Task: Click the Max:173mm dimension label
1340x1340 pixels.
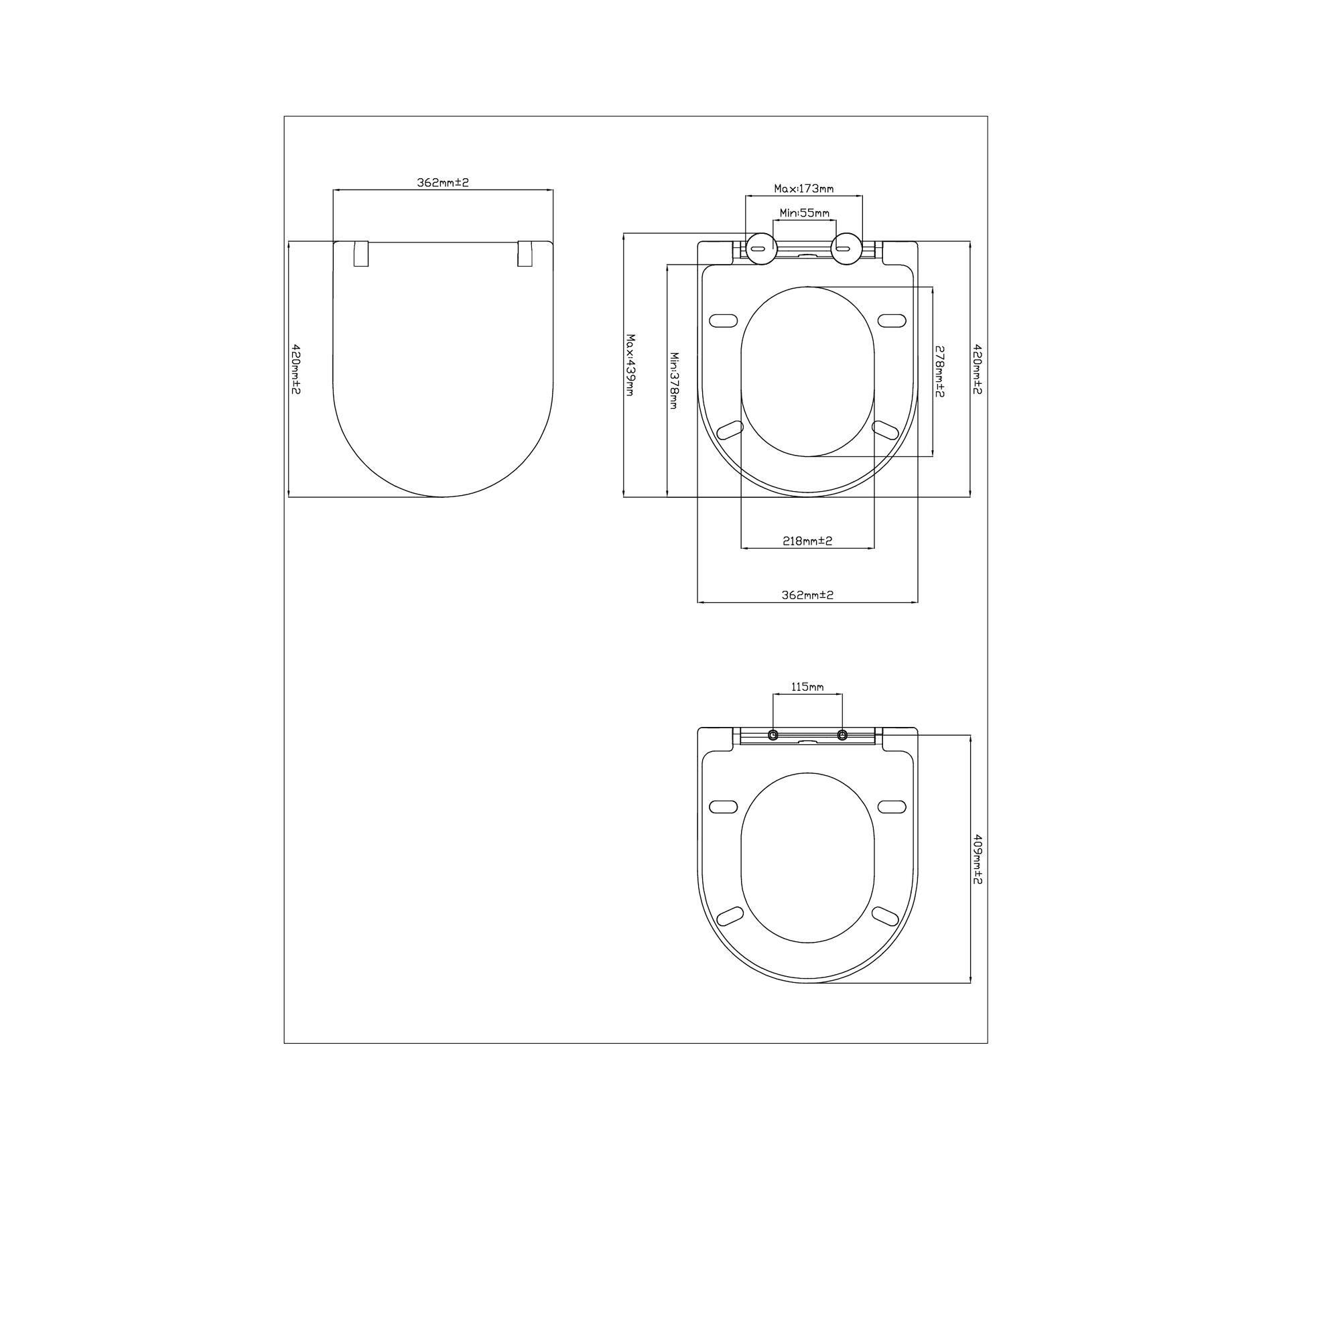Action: click(x=803, y=189)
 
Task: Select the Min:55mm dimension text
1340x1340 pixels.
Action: click(x=804, y=213)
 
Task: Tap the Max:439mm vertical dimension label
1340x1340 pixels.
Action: click(x=630, y=365)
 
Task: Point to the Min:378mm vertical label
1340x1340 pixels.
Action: click(x=674, y=380)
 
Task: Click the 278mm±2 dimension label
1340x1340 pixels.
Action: click(x=940, y=371)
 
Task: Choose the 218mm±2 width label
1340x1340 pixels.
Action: click(x=807, y=541)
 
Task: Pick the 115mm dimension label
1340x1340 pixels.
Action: click(x=807, y=687)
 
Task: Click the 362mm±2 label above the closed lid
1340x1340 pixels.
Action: click(x=442, y=182)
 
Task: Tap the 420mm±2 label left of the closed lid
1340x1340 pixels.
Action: click(x=295, y=369)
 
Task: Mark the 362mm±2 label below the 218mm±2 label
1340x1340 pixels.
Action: click(x=807, y=595)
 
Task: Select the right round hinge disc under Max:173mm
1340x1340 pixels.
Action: click(x=846, y=249)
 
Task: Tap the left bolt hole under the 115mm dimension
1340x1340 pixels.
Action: click(x=773, y=735)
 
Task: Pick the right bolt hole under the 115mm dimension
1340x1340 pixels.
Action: click(x=842, y=735)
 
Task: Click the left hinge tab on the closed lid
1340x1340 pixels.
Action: click(x=360, y=254)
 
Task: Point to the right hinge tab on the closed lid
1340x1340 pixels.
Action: click(x=526, y=254)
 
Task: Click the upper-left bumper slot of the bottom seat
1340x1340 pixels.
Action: click(x=724, y=806)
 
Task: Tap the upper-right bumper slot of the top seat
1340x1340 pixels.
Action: click(x=891, y=320)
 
